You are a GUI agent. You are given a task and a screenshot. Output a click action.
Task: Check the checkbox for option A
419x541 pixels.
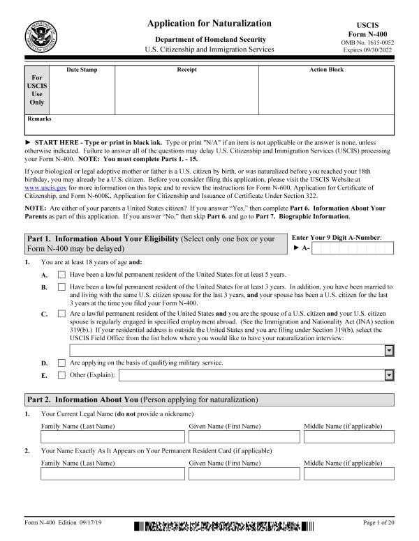[61, 275]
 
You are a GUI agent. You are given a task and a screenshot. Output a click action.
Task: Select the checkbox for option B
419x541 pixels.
[61, 287]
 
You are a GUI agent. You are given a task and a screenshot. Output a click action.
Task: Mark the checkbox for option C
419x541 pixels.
[61, 314]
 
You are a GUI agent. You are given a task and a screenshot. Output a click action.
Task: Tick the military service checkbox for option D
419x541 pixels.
[61, 363]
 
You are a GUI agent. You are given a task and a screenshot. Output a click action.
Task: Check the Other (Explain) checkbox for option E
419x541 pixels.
[61, 375]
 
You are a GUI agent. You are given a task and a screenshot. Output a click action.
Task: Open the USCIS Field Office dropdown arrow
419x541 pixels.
[389, 351]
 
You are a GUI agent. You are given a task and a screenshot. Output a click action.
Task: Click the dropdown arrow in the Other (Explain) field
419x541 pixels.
[389, 375]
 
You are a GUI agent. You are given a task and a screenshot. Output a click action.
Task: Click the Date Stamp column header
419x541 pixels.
[82, 70]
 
